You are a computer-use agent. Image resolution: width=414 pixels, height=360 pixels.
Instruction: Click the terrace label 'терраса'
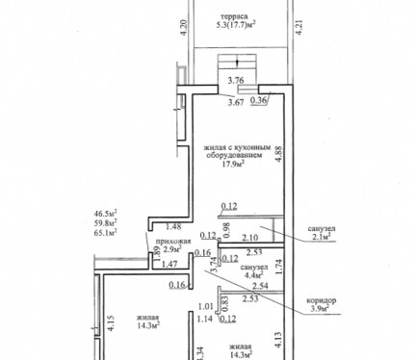point(234,16)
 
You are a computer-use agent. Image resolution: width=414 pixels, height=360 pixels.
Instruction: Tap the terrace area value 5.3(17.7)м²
point(236,24)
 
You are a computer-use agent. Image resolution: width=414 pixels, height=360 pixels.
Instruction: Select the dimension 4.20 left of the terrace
point(184,28)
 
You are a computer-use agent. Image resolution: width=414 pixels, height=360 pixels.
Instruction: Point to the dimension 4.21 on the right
point(299,28)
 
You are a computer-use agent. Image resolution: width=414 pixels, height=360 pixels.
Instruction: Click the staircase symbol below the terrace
point(237,65)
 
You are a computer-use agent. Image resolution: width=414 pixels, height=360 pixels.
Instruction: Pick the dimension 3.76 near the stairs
point(236,81)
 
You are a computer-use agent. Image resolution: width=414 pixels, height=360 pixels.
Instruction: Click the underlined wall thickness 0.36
point(258,100)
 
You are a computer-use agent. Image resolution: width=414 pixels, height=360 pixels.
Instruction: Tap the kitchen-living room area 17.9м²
point(234,164)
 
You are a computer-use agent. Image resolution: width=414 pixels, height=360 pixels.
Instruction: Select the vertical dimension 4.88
point(279,154)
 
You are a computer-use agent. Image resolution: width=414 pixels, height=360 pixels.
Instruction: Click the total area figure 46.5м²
point(105,213)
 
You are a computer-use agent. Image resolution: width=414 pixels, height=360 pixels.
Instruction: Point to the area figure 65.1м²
point(105,232)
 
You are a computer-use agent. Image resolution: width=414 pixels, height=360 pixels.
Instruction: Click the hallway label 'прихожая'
point(173,242)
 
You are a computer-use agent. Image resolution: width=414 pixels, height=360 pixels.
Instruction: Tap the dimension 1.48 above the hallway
point(173,226)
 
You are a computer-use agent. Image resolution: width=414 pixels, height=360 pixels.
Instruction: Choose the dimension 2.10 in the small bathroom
point(250,238)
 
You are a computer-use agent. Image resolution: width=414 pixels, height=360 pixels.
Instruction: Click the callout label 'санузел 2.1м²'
point(322,233)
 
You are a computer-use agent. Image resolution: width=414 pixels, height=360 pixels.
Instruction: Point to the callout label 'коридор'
point(322,300)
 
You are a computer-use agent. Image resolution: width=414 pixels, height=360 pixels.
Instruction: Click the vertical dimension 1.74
point(279,267)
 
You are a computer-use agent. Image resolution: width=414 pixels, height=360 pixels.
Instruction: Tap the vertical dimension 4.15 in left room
point(111,324)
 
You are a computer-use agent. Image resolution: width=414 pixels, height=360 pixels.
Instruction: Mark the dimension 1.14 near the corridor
point(205,319)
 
